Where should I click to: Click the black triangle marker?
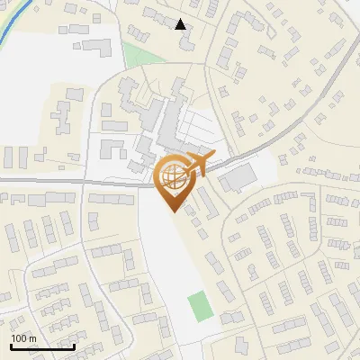[181, 24]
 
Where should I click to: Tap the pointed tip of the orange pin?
[172, 211]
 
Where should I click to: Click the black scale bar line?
[42, 346]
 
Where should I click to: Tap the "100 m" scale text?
[23, 338]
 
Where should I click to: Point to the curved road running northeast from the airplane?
[297, 112]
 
